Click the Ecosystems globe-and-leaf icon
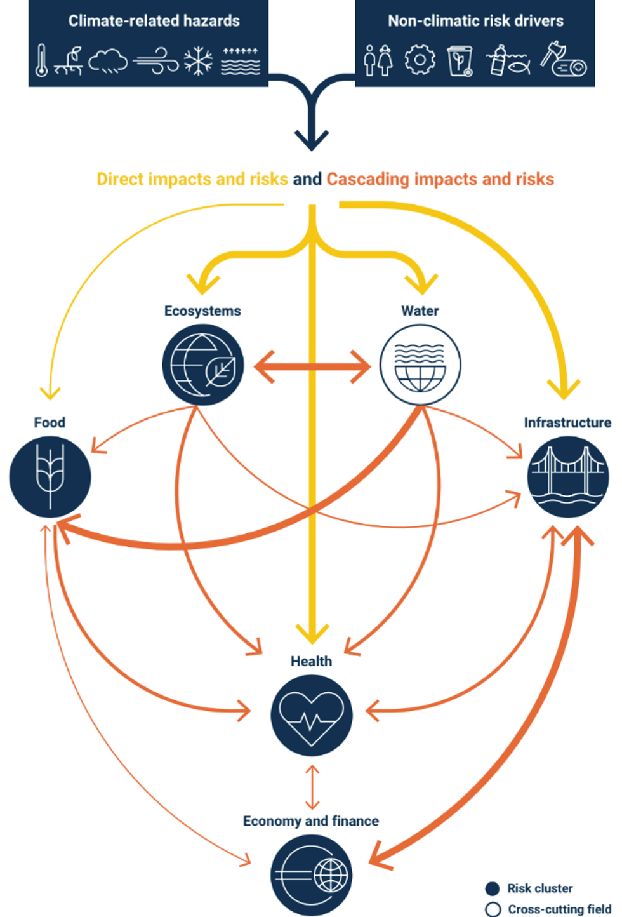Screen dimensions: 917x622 (x=203, y=365)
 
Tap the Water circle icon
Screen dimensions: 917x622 (x=420, y=365)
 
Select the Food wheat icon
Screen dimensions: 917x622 (x=50, y=477)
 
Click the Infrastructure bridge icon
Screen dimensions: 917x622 (x=568, y=477)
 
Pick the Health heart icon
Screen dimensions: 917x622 (x=311, y=715)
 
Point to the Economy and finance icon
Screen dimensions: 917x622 (x=311, y=875)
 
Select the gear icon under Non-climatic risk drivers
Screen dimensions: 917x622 (x=420, y=60)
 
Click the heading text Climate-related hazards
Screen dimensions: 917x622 (x=154, y=21)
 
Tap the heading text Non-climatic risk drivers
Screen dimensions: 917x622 (x=475, y=21)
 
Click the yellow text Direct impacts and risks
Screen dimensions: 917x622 (x=192, y=179)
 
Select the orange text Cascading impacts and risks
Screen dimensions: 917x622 (x=440, y=179)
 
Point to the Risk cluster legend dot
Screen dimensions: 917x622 (x=493, y=888)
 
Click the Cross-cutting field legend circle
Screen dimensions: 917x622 (x=493, y=909)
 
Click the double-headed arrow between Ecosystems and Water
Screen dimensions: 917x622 (x=312, y=366)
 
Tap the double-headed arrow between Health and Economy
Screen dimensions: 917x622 (x=312, y=787)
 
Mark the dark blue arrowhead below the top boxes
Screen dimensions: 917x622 (x=312, y=139)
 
